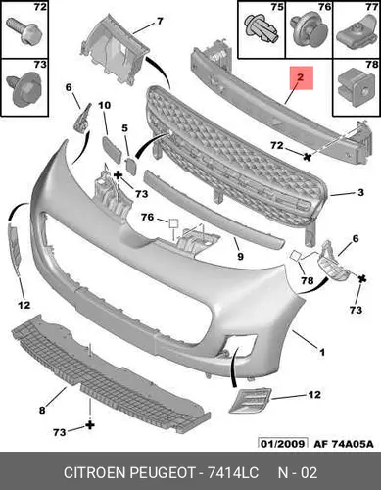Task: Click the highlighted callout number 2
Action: tap(300, 77)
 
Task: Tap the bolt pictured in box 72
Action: tap(24, 31)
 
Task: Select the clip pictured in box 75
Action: tap(262, 30)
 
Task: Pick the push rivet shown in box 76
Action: tap(309, 32)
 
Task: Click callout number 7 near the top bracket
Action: tap(160, 22)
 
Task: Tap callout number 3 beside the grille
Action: tap(360, 192)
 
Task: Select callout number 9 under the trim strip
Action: tap(240, 257)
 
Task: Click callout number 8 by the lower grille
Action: tap(42, 410)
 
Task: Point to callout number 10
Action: tap(105, 105)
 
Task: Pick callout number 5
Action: tap(125, 128)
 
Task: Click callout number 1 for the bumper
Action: tap(322, 352)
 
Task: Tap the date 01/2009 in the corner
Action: tap(283, 444)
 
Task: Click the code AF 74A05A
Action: tap(344, 444)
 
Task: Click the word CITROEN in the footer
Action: tap(95, 472)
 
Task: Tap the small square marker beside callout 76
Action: tap(173, 223)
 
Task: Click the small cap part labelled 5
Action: tap(130, 166)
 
